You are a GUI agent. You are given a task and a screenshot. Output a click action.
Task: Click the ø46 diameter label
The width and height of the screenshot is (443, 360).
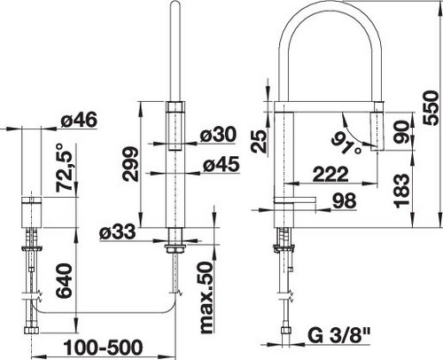[x=79, y=121]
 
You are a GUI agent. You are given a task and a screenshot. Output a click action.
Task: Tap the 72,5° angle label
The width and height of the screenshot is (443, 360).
[x=64, y=168]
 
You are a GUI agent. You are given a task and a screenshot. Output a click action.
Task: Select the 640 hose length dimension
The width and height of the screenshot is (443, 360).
[x=64, y=281]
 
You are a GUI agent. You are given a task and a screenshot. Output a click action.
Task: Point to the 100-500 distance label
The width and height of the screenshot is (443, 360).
[x=103, y=347]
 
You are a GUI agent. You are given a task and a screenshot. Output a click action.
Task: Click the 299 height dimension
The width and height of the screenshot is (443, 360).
[x=130, y=164]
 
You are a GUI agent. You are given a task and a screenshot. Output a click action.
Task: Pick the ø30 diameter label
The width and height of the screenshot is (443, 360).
[x=218, y=135]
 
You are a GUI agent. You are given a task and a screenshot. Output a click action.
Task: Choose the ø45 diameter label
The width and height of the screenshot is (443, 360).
[x=221, y=164]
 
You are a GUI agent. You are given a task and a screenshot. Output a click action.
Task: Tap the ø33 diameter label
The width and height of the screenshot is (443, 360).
[x=118, y=231]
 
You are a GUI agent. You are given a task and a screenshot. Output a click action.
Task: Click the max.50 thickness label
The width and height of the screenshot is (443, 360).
[x=206, y=298]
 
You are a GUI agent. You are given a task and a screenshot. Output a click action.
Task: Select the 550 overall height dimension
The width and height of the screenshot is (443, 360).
[x=431, y=108]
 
